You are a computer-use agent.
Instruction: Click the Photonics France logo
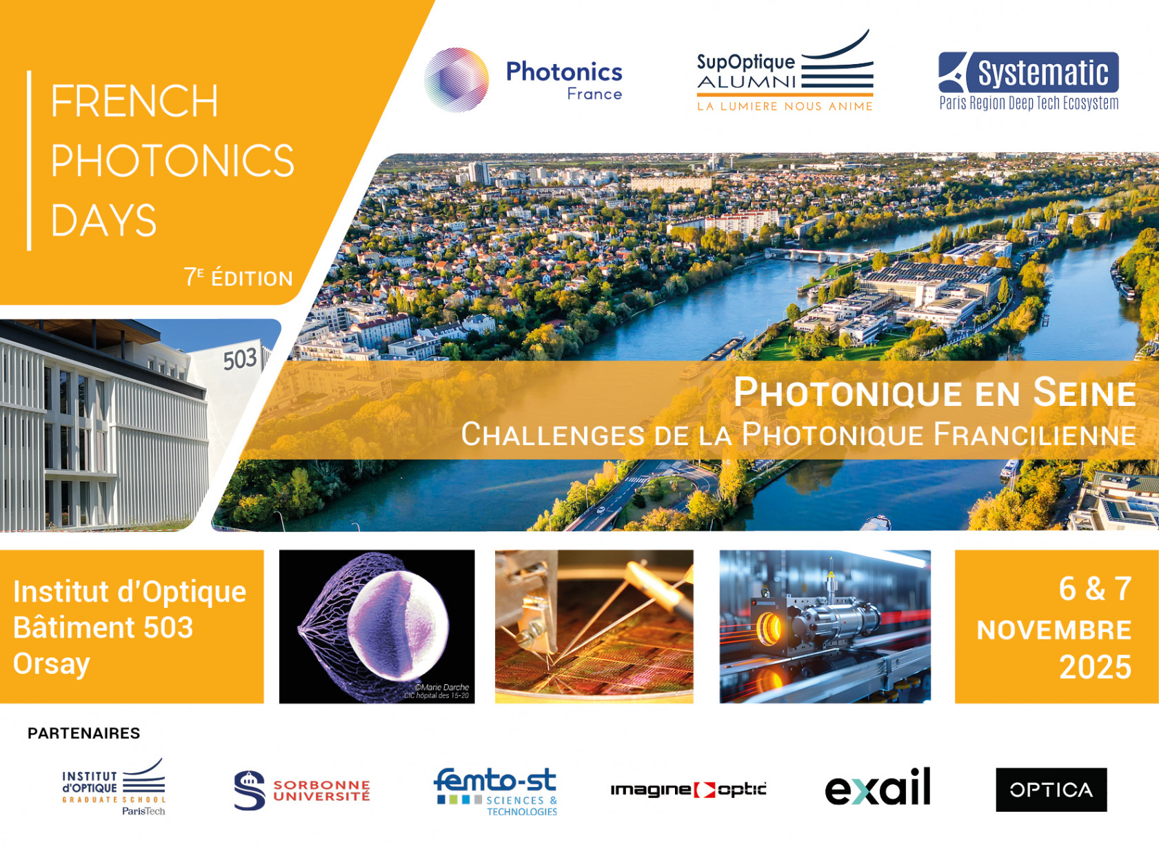coord(523,80)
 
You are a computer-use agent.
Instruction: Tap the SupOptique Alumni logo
coord(785,71)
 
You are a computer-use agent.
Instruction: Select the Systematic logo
coord(1029,81)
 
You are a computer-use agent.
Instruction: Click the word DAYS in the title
coord(103,221)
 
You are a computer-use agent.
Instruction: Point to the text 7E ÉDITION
coord(238,278)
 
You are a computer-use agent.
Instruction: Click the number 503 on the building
coord(240,359)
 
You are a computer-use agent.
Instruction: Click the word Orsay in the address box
coord(52,664)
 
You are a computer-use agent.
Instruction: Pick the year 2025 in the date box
coord(1096,667)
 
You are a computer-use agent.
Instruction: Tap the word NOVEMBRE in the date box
coord(1054,631)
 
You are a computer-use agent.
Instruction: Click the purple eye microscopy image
coord(376,626)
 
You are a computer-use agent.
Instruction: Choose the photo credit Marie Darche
coord(442,687)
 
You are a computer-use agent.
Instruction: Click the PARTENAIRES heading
coord(84,733)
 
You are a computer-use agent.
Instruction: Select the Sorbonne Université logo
coord(302,790)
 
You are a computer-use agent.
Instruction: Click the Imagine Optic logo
coord(689,790)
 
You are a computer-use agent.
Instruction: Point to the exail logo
coord(878,786)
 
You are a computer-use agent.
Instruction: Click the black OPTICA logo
coord(1051,790)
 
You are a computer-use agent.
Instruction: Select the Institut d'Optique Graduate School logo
coord(114,787)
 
